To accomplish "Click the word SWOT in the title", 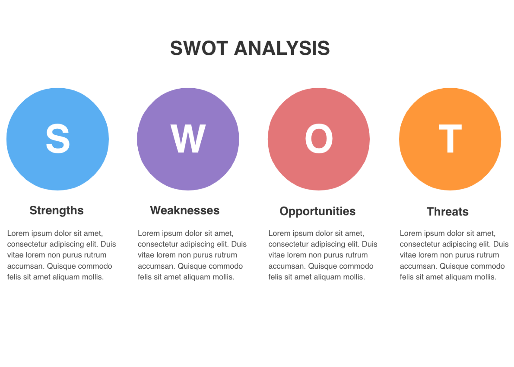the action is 199,48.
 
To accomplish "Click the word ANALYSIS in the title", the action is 282,48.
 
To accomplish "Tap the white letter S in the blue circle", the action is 58,139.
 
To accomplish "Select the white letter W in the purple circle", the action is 188,139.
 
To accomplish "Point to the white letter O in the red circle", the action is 319,139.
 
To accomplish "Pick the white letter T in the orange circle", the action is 450,139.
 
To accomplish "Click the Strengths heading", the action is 56,211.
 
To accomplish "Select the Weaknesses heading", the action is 185,210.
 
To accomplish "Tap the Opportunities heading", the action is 317,211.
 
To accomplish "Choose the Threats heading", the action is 448,211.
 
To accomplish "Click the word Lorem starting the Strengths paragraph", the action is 18,233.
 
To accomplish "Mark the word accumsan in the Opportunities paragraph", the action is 287,266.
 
